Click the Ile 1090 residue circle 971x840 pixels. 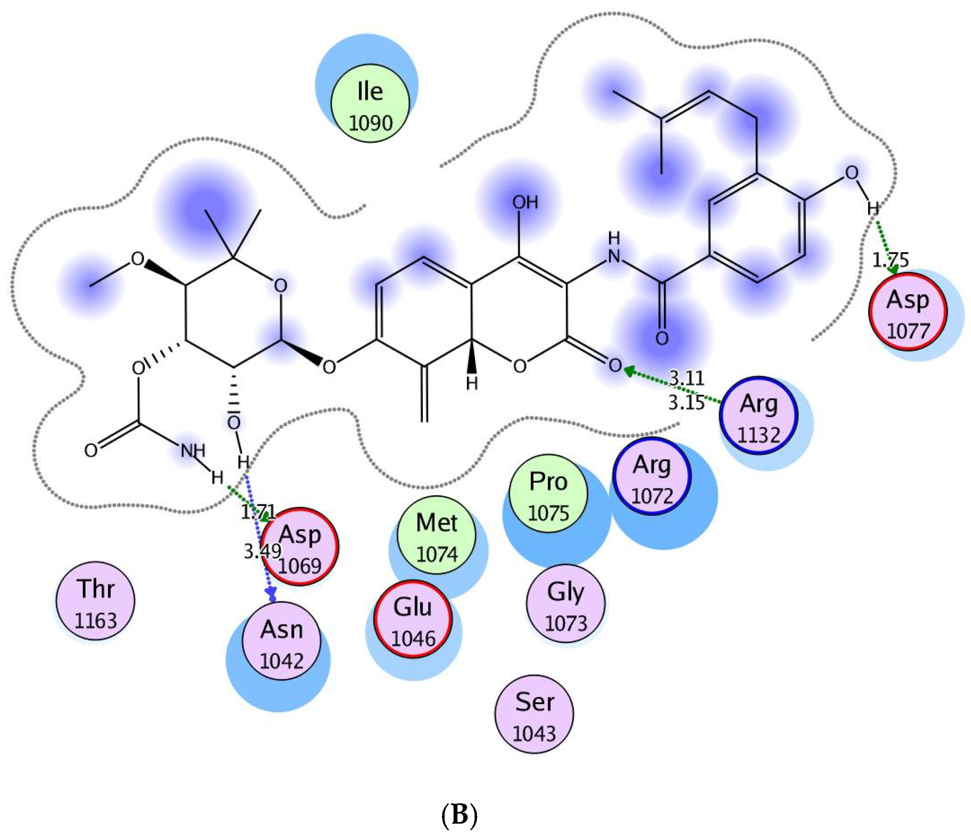point(370,104)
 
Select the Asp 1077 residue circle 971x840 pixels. point(908,312)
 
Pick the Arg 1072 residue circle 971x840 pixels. point(652,477)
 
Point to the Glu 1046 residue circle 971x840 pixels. point(413,619)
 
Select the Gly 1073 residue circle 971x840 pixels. point(566,603)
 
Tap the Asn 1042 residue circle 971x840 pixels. point(282,641)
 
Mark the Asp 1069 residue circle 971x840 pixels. point(300,546)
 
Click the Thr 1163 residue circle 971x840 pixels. point(95,601)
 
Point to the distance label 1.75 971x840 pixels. point(890,260)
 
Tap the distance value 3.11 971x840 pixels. point(686,377)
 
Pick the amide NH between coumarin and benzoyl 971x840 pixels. point(614,248)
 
